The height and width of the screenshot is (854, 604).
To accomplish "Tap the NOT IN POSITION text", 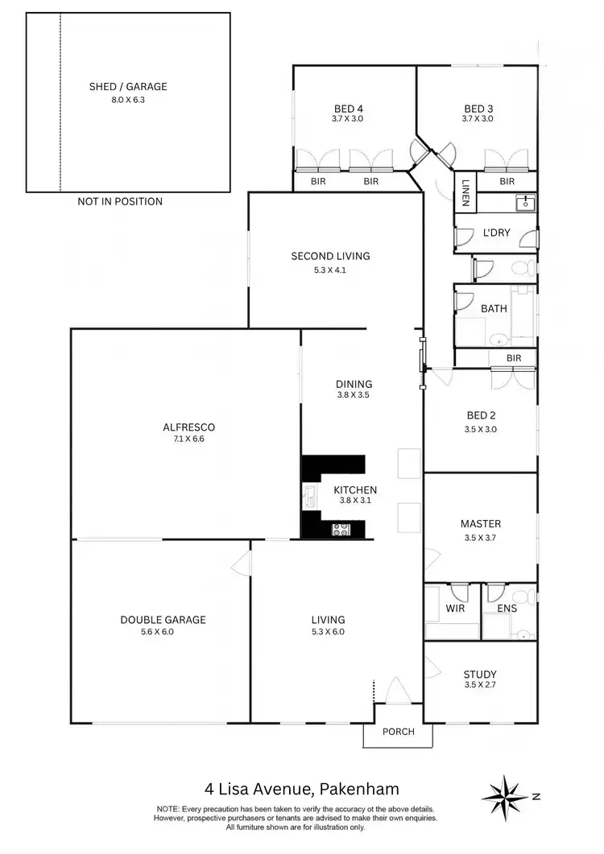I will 120,201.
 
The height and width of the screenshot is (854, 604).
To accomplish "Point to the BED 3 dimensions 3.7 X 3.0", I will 478,119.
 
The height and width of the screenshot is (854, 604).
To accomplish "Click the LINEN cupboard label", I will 465,193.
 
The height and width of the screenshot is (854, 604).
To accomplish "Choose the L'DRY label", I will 494,232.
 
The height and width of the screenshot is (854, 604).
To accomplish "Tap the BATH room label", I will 494,308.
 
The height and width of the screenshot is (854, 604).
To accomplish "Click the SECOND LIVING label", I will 330,256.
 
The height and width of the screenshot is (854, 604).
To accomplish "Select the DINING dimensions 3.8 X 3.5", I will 354,395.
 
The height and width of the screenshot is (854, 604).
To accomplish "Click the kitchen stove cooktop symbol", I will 341,530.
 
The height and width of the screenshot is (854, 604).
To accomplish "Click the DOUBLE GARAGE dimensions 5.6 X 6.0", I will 163,632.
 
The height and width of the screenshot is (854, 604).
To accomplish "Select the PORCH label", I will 398,732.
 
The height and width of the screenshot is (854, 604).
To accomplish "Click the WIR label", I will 455,609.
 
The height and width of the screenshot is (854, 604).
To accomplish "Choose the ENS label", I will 507,609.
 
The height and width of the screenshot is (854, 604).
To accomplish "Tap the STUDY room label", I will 480,675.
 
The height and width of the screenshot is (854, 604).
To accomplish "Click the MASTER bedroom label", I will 481,524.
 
